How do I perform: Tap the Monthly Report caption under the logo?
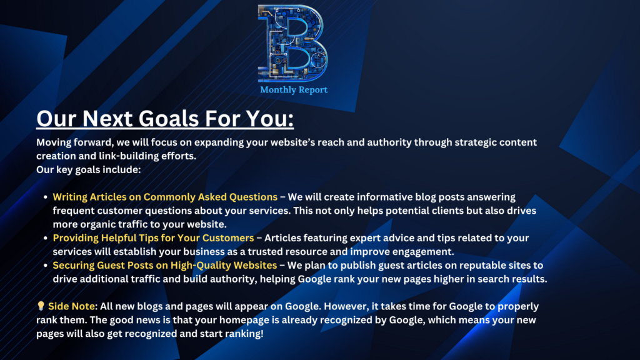[x=293, y=90]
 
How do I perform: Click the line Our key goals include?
[x=89, y=169]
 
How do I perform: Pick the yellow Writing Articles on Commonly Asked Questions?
[x=165, y=197]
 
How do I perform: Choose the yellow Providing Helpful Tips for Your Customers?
[x=153, y=238]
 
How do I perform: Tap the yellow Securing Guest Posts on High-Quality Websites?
[x=164, y=266]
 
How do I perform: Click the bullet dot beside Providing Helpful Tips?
[x=46, y=239]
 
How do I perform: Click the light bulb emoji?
[x=41, y=307]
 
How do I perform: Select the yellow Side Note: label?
[x=74, y=307]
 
